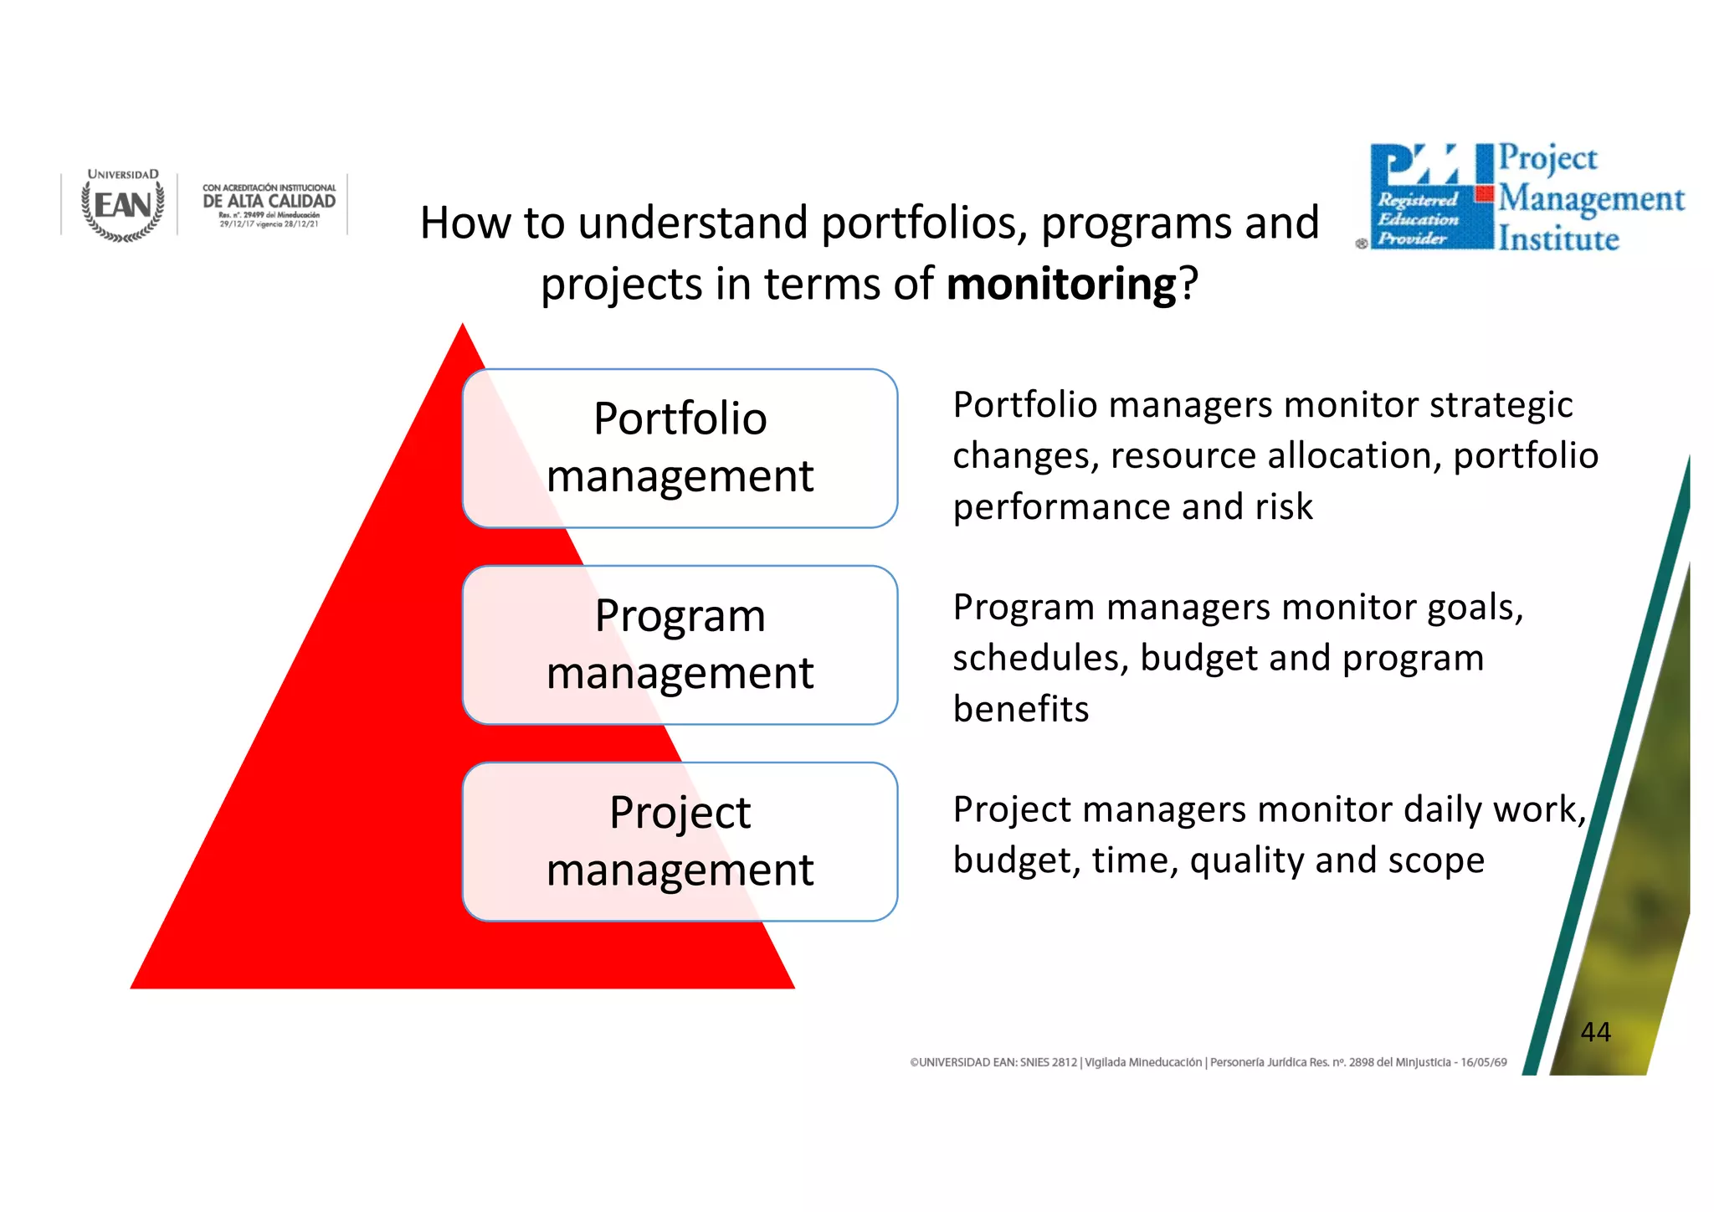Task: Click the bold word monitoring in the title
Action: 1061,285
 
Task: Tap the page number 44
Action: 1595,1032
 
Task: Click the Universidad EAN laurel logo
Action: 123,206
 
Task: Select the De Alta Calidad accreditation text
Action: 269,201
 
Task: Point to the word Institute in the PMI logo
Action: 1558,239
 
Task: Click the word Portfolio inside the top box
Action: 680,419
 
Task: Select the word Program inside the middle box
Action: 680,616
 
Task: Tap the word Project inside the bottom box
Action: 680,813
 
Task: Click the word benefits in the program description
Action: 1020,709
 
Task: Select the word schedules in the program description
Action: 1039,658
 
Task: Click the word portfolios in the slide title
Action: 924,223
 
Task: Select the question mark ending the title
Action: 1188,285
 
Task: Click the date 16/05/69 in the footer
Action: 1483,1062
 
